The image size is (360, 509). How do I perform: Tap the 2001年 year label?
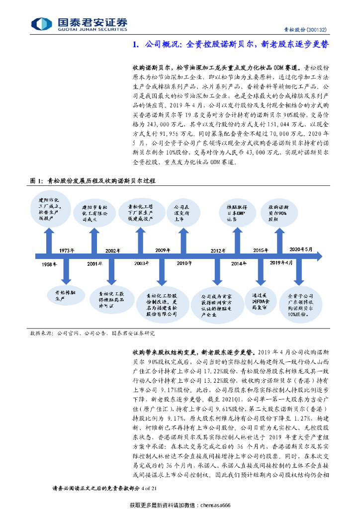click(97, 264)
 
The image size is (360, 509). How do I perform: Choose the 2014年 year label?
click(239, 263)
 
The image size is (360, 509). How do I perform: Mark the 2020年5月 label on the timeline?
click(301, 249)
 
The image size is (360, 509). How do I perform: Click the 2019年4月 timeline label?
click(281, 262)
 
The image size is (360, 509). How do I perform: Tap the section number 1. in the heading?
click(136, 44)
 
